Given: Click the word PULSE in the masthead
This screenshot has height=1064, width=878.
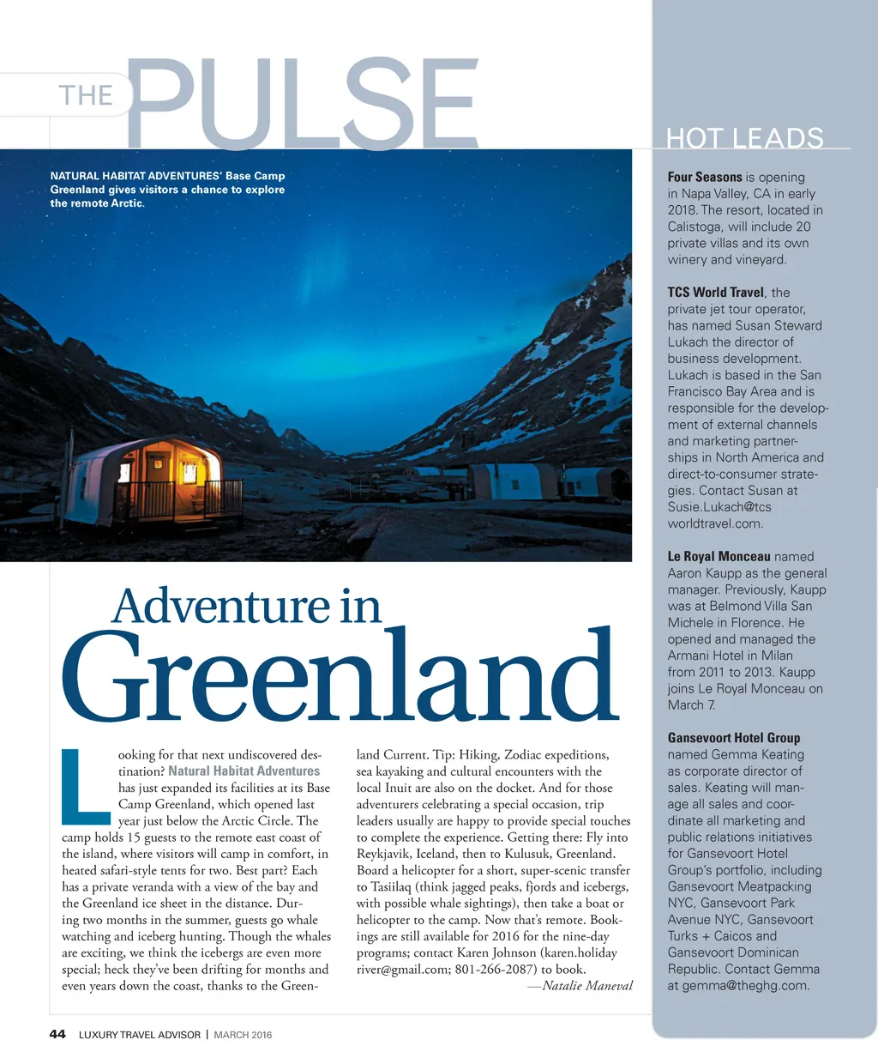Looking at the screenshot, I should (302, 103).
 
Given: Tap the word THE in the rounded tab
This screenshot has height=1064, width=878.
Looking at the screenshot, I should (86, 94).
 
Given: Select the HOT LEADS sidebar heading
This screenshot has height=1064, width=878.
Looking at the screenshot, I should (744, 137).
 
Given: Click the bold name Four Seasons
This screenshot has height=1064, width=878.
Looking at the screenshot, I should (704, 177).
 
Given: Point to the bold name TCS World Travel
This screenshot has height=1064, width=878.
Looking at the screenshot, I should (715, 292).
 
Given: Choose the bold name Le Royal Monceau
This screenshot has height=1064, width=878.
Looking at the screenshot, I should (719, 556).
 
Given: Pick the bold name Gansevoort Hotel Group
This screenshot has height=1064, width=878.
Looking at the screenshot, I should (733, 738).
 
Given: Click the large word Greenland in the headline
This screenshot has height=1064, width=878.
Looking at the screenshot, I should (340, 678).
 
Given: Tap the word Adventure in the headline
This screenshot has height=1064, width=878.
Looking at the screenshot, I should (220, 606).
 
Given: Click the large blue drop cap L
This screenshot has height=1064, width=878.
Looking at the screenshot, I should (86, 785).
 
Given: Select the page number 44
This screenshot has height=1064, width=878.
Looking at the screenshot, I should (57, 1034).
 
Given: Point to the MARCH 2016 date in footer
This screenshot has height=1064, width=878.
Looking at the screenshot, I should (243, 1035).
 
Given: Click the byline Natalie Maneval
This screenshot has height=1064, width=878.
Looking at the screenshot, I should (587, 986).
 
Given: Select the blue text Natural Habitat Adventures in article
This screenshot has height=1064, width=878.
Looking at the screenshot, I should (244, 771).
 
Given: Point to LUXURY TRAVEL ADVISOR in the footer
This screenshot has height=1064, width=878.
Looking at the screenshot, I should (139, 1035).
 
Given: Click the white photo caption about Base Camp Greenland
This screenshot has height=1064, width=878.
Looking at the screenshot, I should (167, 190).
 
